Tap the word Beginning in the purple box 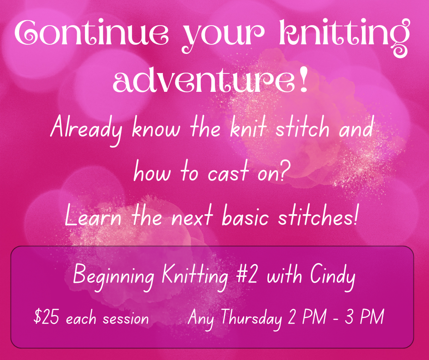[114, 276]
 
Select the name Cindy [333, 276]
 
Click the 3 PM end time [364, 317]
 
